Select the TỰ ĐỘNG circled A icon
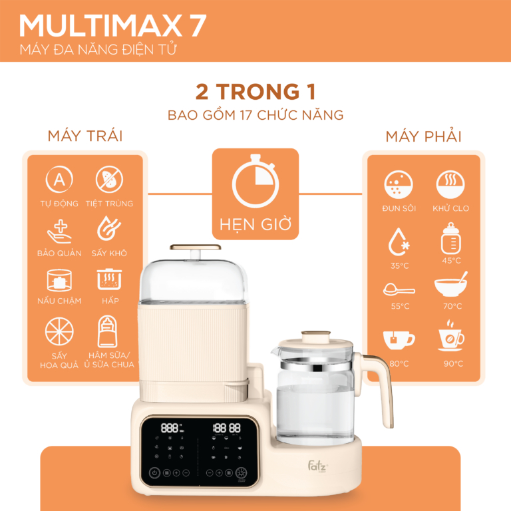pyautogui.click(x=59, y=180)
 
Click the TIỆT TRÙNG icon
pyautogui.click(x=108, y=180)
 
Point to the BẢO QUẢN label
pyautogui.click(x=59, y=253)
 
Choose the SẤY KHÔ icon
pyautogui.click(x=108, y=229)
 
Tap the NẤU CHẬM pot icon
pyautogui.click(x=59, y=279)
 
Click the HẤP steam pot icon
pyautogui.click(x=108, y=279)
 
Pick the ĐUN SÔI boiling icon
pyautogui.click(x=399, y=183)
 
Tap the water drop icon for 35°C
pyautogui.click(x=399, y=242)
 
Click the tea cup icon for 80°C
pyautogui.click(x=399, y=339)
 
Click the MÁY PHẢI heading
pyautogui.click(x=423, y=136)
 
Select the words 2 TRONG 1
pyautogui.click(x=255, y=90)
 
